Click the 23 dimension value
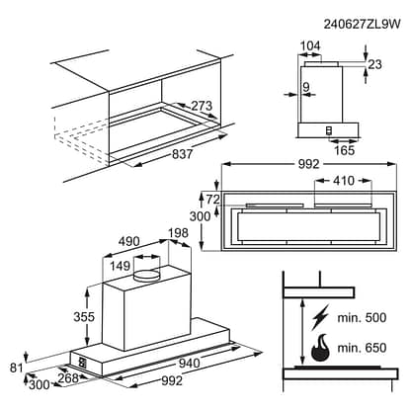[x=374, y=65]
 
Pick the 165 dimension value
[x=343, y=150]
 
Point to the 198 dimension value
[x=178, y=233]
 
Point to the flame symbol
[x=321, y=349]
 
